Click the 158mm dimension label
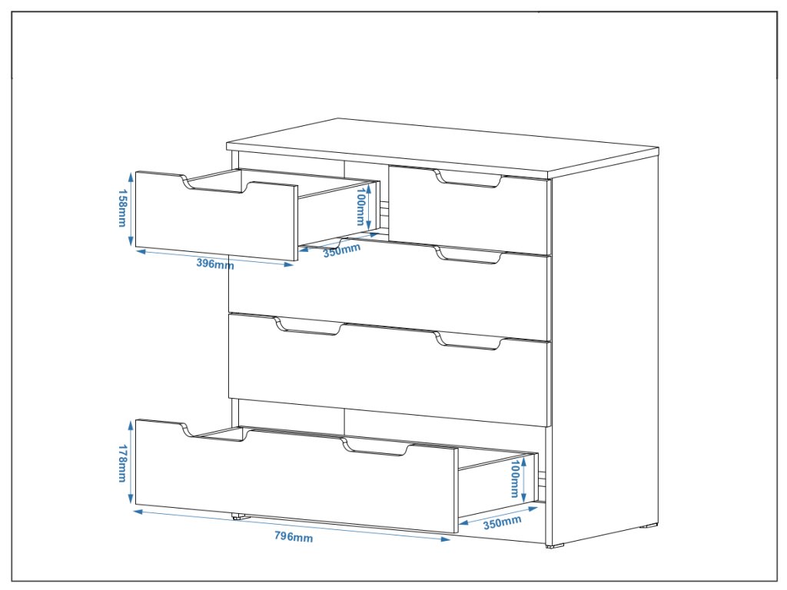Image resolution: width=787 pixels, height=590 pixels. click(122, 208)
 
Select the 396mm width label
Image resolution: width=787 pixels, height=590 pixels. click(214, 264)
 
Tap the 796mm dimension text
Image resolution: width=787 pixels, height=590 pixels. click(294, 537)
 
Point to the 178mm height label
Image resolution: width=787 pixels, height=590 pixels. click(122, 464)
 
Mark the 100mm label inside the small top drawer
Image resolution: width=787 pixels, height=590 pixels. click(360, 207)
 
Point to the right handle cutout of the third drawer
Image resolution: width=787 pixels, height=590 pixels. click(468, 343)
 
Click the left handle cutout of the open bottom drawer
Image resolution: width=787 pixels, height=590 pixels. click(214, 432)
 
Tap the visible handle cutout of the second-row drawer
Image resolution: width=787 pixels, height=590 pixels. click(468, 257)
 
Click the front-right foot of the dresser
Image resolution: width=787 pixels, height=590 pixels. click(554, 545)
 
